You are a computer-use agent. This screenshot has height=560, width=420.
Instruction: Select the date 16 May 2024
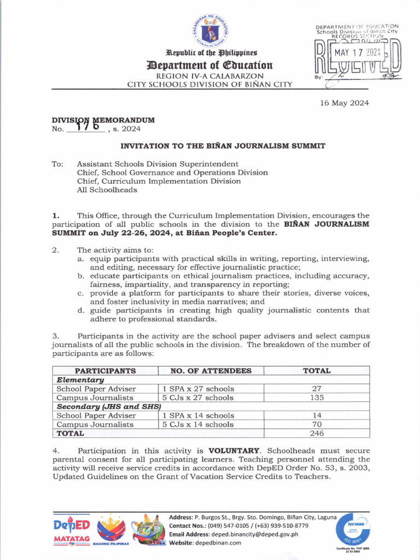[345, 103]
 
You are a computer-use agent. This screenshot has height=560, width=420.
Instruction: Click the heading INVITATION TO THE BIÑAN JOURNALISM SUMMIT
[223, 146]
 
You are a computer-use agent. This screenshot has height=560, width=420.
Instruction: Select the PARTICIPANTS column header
[105, 371]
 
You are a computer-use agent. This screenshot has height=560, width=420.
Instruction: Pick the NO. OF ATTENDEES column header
[211, 371]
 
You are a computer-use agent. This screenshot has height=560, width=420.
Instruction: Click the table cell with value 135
[317, 398]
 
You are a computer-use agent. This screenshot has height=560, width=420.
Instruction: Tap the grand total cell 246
[317, 433]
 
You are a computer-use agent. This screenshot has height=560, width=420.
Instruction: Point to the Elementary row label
[80, 380]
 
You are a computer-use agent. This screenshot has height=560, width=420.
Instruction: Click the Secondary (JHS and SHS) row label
[109, 406]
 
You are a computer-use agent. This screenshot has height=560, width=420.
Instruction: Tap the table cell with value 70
[317, 424]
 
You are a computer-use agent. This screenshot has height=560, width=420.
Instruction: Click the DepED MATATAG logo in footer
[72, 531]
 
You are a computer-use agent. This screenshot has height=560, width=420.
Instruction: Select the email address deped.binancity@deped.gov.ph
[262, 534]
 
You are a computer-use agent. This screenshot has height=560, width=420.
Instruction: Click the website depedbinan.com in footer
[220, 542]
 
